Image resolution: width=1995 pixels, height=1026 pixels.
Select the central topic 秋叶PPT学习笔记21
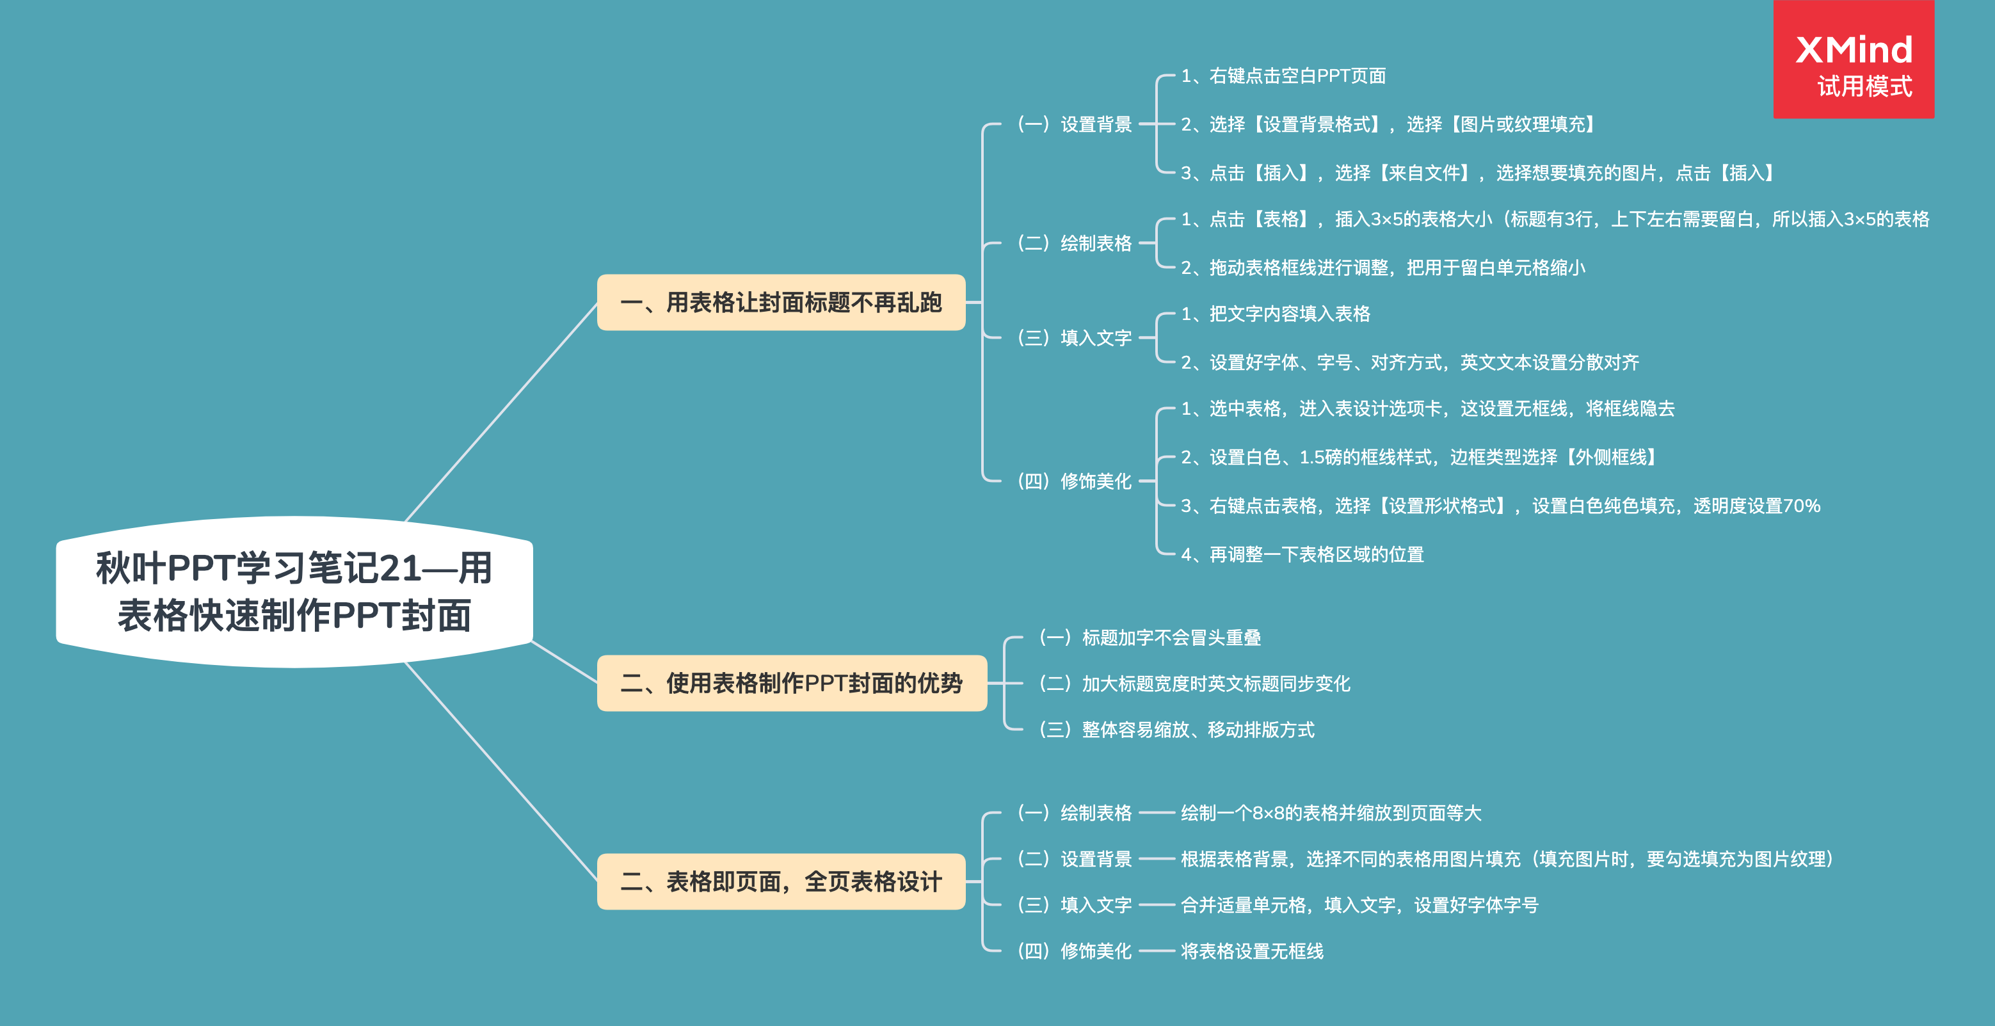pyautogui.click(x=294, y=591)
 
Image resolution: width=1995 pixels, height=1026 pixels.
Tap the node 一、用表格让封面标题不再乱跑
pyautogui.click(x=781, y=303)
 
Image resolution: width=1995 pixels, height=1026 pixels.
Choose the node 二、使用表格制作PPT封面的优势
pyautogui.click(x=792, y=683)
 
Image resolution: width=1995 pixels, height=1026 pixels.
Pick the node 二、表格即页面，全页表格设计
pyautogui.click(x=781, y=881)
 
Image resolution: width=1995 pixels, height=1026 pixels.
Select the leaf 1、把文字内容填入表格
pyautogui.click(x=1275, y=314)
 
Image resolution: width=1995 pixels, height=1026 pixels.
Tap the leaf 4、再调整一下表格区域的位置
pyautogui.click(x=1302, y=554)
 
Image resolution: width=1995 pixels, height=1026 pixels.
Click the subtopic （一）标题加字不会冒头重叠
pyautogui.click(x=1150, y=637)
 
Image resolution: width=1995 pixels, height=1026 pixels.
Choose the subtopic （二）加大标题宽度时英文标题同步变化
pyautogui.click(x=1194, y=684)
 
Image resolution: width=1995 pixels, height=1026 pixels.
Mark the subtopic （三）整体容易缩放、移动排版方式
pyautogui.click(x=1176, y=730)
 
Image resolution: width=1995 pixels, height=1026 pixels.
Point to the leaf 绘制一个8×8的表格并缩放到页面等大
pyautogui.click(x=1331, y=813)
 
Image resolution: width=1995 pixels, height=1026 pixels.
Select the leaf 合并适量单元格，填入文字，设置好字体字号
pyautogui.click(x=1359, y=905)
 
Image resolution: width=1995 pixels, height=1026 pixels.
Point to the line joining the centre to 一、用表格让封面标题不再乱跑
pyautogui.click(x=502, y=411)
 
